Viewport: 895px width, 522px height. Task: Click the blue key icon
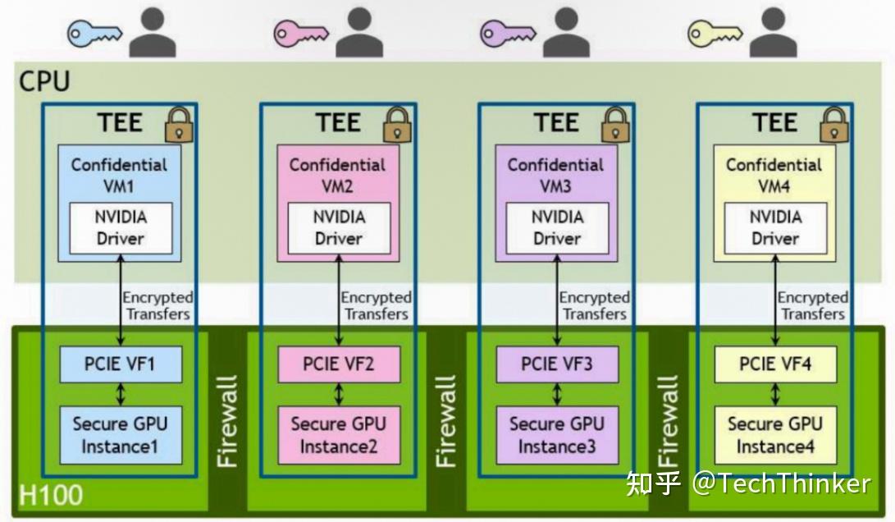(94, 34)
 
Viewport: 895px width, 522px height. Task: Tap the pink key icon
(301, 34)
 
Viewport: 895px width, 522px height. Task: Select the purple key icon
(507, 34)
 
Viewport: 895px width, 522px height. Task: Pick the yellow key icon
(715, 34)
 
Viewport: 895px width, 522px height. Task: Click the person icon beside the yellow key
(773, 33)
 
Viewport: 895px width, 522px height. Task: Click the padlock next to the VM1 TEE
(178, 125)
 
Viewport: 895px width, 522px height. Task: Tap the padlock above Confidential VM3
(614, 125)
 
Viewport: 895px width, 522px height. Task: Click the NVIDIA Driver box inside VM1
(120, 227)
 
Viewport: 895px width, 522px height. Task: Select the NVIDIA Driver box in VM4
(774, 227)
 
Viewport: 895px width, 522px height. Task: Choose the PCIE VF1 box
(120, 364)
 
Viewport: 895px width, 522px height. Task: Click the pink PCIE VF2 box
(338, 364)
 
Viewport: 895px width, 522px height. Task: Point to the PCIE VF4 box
(774, 364)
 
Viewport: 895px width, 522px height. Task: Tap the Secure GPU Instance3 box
(556, 436)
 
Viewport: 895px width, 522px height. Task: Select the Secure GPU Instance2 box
(338, 436)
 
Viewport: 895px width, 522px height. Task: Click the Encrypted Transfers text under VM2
(376, 306)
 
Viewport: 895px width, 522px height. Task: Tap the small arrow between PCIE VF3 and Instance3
(557, 394)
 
